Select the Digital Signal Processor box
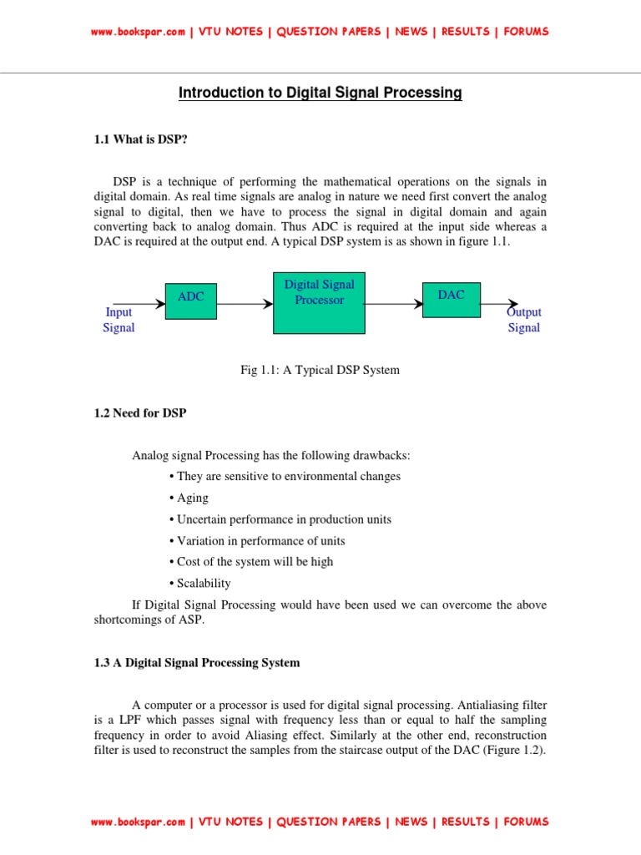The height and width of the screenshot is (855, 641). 319,301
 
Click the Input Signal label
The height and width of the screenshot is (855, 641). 119,320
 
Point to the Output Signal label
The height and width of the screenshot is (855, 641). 524,320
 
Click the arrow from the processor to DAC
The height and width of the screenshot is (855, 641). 394,305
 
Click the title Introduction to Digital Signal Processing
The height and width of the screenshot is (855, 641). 320,93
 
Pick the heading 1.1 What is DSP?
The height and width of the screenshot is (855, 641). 140,139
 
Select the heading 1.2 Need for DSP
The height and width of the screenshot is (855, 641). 140,413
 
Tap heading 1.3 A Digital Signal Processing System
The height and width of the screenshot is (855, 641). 196,662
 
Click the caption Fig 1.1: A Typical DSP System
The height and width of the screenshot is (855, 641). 320,370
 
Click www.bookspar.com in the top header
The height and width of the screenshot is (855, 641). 138,32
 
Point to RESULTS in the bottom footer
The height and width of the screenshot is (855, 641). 465,822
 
